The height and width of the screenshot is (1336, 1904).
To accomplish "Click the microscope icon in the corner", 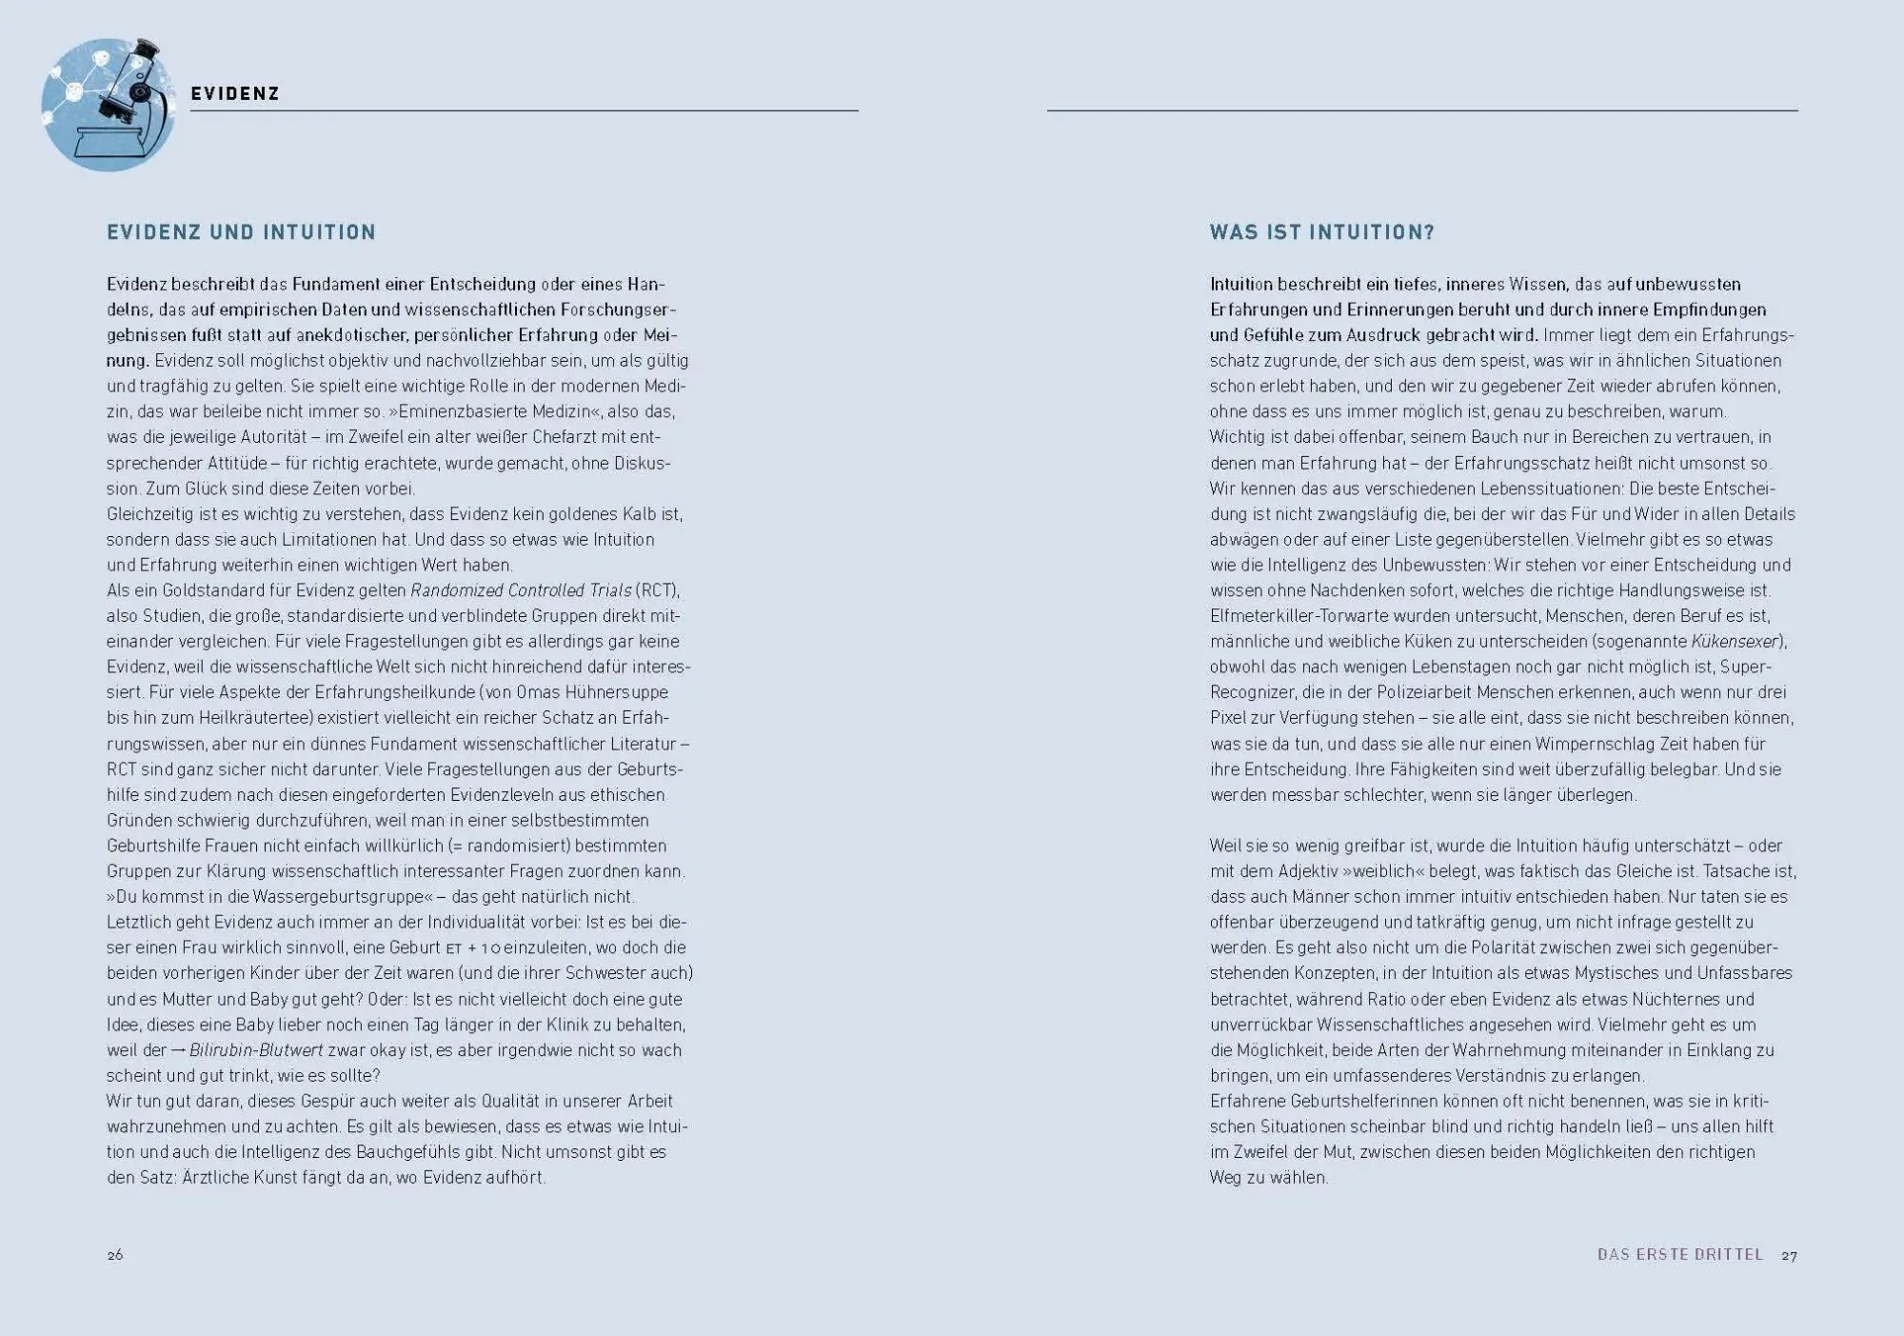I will pos(109,105).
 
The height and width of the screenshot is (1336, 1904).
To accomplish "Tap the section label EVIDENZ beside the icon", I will pos(234,93).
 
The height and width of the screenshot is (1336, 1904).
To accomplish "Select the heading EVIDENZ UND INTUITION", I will pos(242,232).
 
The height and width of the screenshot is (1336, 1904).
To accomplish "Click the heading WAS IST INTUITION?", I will pos(1321,232).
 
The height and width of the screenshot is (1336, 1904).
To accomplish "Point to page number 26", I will pos(115,1255).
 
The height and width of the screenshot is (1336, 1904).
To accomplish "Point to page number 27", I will pos(1790,1255).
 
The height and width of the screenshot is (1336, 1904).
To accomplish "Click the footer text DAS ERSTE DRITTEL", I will pos(1680,1255).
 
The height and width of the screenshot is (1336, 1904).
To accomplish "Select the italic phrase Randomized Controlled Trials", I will pos(521,590).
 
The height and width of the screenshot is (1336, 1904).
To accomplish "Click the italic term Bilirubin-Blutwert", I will pos(256,1050).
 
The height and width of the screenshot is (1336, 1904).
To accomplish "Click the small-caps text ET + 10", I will pos(472,948).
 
